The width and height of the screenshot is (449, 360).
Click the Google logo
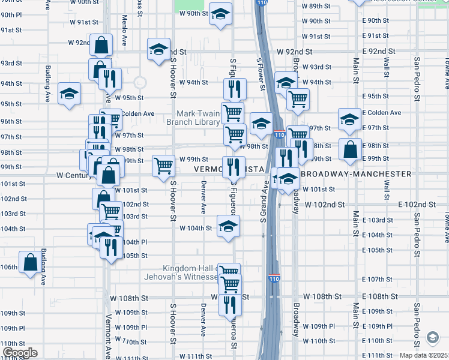[20, 353]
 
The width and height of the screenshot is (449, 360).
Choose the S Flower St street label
[261, 74]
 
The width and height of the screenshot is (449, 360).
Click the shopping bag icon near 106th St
[30, 262]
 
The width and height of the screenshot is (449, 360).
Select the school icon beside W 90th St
[221, 14]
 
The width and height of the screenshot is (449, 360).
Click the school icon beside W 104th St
[228, 226]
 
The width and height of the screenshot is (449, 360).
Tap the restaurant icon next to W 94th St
[235, 88]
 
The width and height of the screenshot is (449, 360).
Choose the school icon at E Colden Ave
[349, 118]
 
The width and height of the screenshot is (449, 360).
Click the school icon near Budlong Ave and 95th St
[69, 93]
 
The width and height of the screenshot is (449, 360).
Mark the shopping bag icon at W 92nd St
[101, 44]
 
